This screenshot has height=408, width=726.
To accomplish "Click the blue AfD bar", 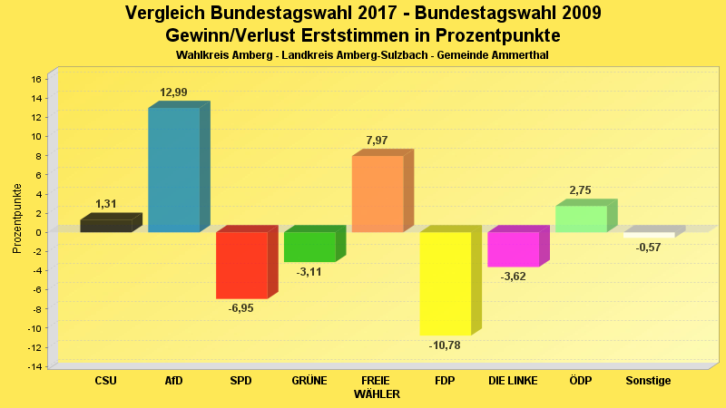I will (173, 170).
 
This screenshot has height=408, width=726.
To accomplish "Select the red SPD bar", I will (241, 265).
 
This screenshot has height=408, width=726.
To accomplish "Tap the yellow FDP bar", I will (445, 283).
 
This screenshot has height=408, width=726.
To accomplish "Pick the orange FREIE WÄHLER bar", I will (377, 193).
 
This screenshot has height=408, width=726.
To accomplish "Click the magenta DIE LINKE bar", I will (513, 249).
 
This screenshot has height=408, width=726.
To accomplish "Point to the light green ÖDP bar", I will (581, 219).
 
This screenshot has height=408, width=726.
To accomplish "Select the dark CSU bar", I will (105, 226).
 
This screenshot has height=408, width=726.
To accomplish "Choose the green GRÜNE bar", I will (309, 247).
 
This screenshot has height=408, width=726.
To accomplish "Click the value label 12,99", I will (173, 92).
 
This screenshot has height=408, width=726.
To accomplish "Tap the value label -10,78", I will (445, 345).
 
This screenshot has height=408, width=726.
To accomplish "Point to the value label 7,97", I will (377, 141).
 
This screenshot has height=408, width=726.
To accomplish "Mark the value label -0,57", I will (648, 248).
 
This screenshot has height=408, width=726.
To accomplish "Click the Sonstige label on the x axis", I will (648, 381).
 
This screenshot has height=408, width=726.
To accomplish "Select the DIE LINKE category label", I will (513, 381).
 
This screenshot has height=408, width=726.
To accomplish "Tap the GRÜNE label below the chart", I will (309, 381).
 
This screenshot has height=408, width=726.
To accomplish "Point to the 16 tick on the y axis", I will (36, 79).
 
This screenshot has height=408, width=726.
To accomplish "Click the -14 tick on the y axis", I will (34, 366).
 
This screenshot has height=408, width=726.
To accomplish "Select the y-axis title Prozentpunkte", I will (16, 218).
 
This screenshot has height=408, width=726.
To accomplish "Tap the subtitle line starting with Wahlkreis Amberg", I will (362, 55).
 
